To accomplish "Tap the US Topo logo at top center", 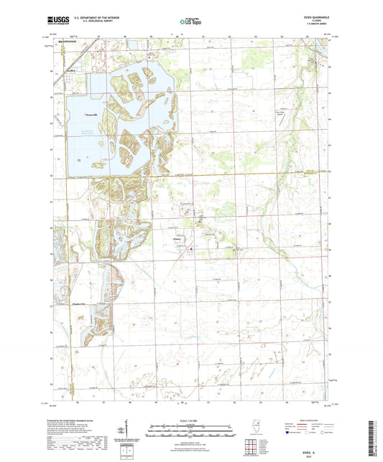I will tap(190, 22).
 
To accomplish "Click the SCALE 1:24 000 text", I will tap(190, 421).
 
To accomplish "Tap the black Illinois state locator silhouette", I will tap(257, 430).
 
